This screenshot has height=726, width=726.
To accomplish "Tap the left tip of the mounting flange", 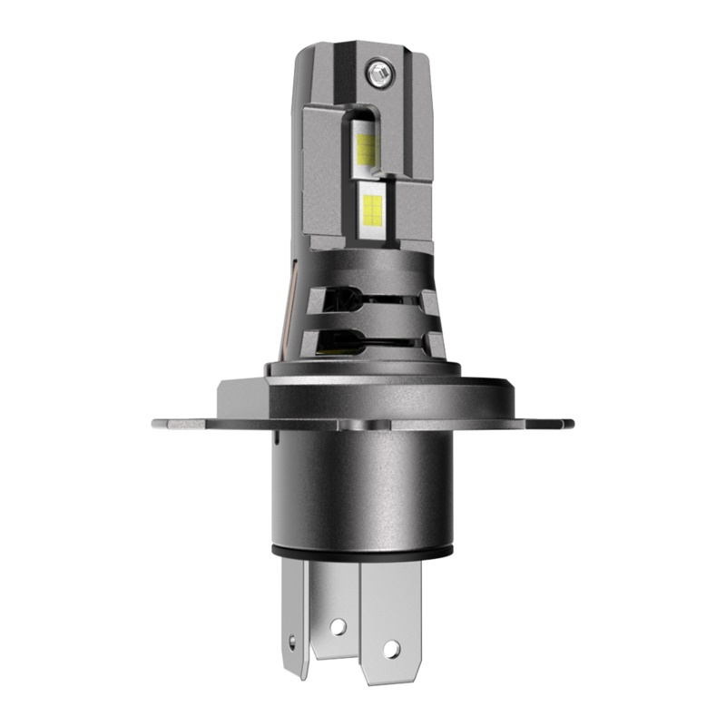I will (156, 422).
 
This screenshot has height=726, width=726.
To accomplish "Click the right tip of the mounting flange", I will (569, 422).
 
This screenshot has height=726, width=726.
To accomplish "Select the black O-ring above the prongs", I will (363, 551).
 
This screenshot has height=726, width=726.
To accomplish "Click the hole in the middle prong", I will (338, 625).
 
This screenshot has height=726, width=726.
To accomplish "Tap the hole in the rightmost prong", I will (392, 648).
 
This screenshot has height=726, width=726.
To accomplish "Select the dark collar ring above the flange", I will (363, 368).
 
